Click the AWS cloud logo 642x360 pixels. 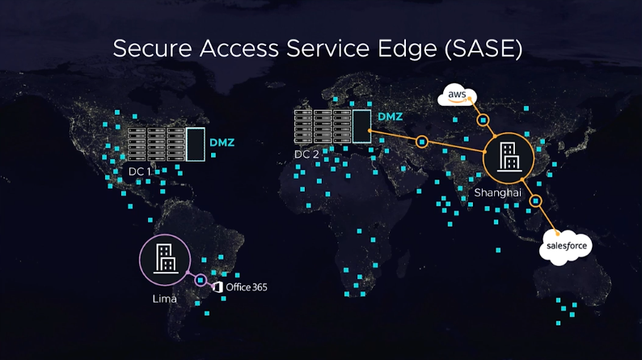[x=457, y=97]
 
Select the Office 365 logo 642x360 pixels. [x=240, y=287]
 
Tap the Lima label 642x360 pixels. [x=164, y=299]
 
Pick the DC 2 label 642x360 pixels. [x=307, y=154]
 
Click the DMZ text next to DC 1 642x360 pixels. [x=222, y=143]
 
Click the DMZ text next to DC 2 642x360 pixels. [x=390, y=116]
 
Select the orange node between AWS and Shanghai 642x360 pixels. [x=484, y=121]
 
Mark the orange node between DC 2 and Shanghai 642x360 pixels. [x=421, y=142]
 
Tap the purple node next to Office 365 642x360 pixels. [x=201, y=281]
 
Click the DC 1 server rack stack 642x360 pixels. [x=154, y=144]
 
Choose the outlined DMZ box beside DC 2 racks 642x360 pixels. [x=361, y=125]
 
